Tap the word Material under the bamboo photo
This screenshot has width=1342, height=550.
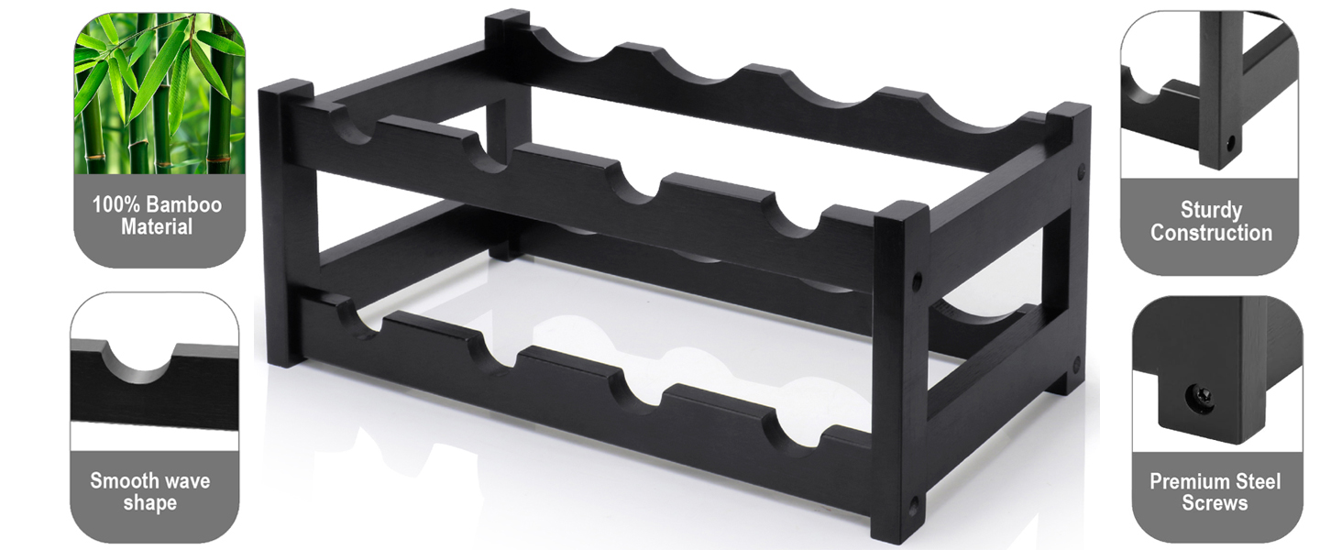pyautogui.click(x=157, y=227)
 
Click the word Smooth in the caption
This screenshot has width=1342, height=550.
pyautogui.click(x=122, y=481)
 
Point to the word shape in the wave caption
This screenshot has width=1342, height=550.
pyautogui.click(x=149, y=503)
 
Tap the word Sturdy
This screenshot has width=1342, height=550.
pyautogui.click(x=1212, y=210)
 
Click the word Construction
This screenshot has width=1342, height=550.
pyautogui.click(x=1212, y=233)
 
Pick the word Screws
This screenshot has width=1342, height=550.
pyautogui.click(x=1215, y=503)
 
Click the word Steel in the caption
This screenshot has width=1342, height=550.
pyautogui.click(x=1257, y=481)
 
